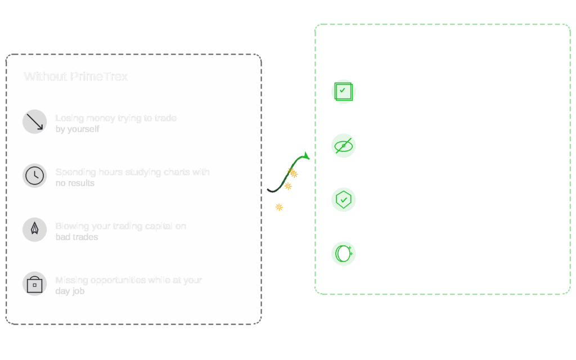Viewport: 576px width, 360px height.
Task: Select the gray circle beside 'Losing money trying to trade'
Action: coord(34,121)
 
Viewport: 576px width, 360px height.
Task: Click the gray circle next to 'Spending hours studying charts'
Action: coord(34,175)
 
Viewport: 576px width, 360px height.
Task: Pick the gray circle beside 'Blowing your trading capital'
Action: coord(34,229)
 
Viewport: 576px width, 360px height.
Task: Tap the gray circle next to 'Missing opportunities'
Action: coord(34,283)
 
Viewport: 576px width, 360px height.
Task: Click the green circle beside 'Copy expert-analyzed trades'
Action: coord(344,92)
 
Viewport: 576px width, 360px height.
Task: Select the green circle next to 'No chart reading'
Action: coord(344,146)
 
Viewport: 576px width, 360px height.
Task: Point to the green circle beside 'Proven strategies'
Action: coord(344,200)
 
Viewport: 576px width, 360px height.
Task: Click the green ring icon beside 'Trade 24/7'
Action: coord(344,254)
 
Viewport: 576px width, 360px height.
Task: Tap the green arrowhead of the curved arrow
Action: coord(306,155)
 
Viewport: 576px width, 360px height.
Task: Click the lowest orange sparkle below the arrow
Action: coord(279,207)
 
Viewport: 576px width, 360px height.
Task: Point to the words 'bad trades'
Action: coord(76,237)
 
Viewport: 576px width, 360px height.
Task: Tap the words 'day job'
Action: coord(70,291)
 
